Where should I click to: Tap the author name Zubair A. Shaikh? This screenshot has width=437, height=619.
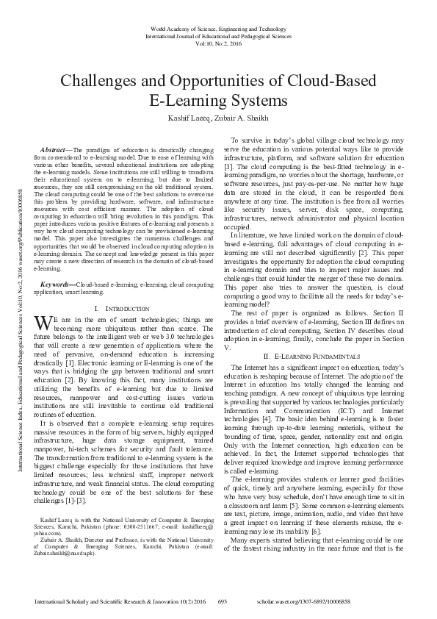pyautogui.click(x=245, y=118)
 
